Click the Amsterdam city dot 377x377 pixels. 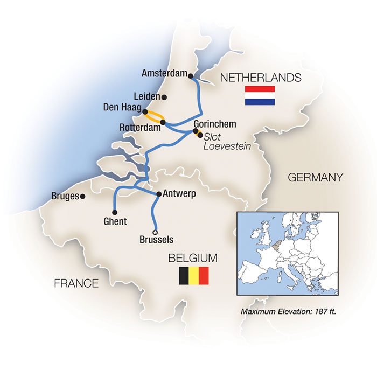pyautogui.click(x=191, y=76)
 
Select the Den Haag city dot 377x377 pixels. pyautogui.click(x=144, y=112)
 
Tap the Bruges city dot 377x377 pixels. pyautogui.click(x=82, y=197)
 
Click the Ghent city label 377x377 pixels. pyautogui.click(x=114, y=221)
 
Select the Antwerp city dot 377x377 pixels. pyautogui.click(x=158, y=193)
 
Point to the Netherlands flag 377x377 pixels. pyautogui.click(x=260, y=96)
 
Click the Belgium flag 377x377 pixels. pyautogui.click(x=193, y=276)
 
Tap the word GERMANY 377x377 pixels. pyautogui.click(x=315, y=177)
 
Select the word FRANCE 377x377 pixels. pyautogui.click(x=76, y=283)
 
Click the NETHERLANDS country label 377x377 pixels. pyautogui.click(x=260, y=78)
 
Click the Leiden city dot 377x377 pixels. pyautogui.click(x=164, y=97)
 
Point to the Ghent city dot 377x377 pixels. pyautogui.click(x=114, y=212)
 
